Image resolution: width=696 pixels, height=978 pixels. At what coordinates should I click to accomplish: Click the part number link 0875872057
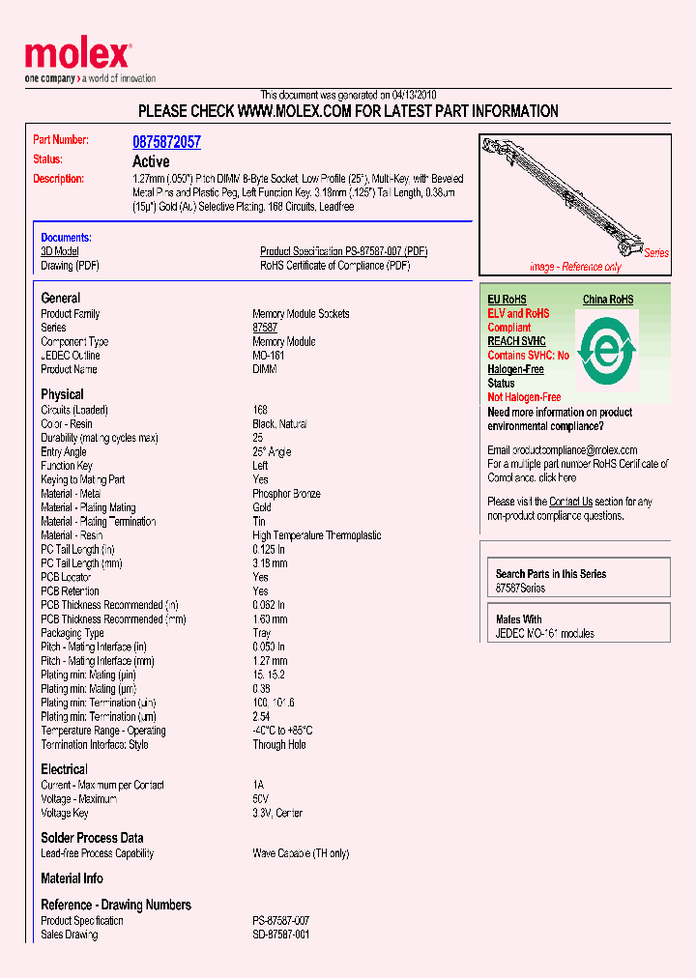(166, 142)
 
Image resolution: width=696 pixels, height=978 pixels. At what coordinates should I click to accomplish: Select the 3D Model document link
(60, 251)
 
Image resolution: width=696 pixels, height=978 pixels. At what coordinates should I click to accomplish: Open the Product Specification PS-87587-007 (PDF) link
(343, 251)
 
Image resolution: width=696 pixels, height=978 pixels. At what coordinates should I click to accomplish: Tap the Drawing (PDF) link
(70, 266)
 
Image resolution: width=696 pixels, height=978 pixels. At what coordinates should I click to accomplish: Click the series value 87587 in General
(265, 328)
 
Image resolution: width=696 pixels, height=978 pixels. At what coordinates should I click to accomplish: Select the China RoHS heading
(608, 301)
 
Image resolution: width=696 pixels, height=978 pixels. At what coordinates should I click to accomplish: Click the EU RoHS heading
(507, 301)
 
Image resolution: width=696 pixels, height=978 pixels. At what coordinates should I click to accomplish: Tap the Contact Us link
(570, 502)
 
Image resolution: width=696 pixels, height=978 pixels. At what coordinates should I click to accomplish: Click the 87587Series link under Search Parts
(520, 588)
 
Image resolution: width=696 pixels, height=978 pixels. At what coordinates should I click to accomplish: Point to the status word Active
(151, 161)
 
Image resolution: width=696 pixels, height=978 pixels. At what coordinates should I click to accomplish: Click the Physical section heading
(62, 394)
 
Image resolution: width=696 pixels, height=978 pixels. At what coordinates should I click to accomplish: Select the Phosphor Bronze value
(286, 494)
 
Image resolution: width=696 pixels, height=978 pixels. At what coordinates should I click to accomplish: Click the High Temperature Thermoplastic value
(316, 535)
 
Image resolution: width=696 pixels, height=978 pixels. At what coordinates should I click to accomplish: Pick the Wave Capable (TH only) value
(301, 853)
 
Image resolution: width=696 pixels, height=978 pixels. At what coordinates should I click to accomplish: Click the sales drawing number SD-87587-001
(281, 935)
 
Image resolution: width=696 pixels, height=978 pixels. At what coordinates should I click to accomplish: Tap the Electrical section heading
(64, 769)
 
